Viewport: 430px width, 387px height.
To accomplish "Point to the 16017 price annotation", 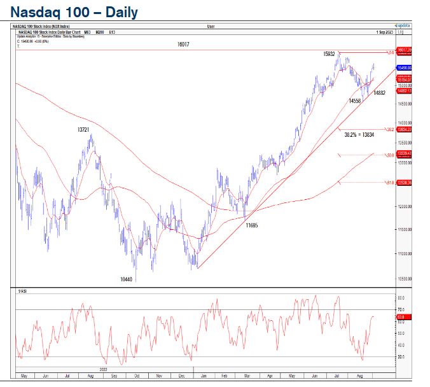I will tap(183, 45).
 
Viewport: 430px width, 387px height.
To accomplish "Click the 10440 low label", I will tap(128, 279).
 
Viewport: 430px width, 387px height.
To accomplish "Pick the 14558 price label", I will tap(355, 101).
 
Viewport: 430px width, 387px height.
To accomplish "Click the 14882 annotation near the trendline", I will tap(380, 93).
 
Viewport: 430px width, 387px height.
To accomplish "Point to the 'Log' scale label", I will tap(401, 31).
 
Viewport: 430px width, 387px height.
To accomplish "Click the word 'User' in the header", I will tap(211, 26).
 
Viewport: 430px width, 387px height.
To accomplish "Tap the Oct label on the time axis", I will tap(135, 375).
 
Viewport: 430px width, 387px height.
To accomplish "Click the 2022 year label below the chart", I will tap(103, 369).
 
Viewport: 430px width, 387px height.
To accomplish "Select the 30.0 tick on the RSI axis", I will tap(401, 357).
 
